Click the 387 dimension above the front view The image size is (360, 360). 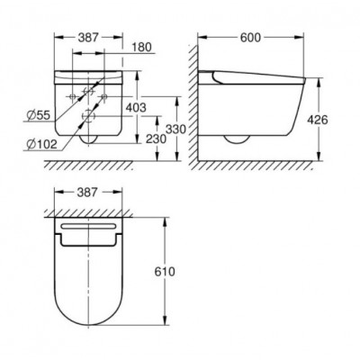[x=88, y=38]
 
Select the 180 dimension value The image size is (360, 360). [x=141, y=47]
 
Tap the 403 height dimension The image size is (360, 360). [x=136, y=107]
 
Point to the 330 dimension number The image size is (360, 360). [x=176, y=130]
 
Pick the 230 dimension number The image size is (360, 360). [x=156, y=139]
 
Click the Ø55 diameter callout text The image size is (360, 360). [x=38, y=115]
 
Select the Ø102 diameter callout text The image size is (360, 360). [x=41, y=145]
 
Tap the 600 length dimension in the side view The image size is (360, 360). [x=251, y=38]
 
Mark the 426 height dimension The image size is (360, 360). [x=318, y=120]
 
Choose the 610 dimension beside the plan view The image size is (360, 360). [x=165, y=272]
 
